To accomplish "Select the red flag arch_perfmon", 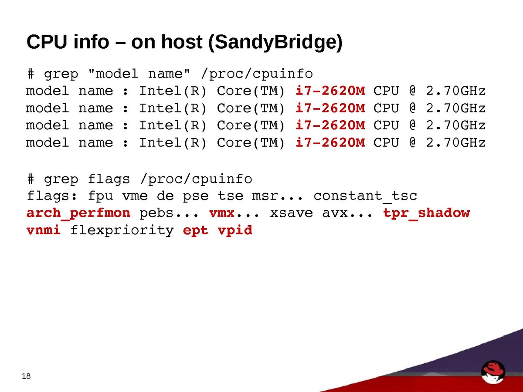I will pos(78,213).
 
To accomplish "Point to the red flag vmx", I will pos(222,213).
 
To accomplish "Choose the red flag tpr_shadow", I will pos(426,213).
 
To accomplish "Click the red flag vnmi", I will pos(44,230).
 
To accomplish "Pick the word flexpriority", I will pos(122,230).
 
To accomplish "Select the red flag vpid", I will pos(235,230).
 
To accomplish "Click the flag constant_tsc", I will pos(365,196).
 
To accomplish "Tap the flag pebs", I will pos(157,213).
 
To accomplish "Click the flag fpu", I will pos(100,196).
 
